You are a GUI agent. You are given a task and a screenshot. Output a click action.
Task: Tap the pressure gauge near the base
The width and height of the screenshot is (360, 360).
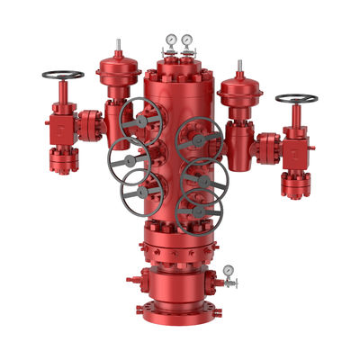230,269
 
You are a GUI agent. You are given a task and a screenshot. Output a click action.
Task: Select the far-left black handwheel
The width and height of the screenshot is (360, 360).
62,75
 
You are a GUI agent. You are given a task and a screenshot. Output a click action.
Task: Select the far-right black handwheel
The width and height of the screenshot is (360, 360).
296,98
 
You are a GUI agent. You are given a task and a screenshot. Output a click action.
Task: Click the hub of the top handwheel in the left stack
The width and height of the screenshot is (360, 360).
141,122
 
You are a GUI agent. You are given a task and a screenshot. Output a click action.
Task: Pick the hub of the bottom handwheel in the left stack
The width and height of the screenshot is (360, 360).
141,193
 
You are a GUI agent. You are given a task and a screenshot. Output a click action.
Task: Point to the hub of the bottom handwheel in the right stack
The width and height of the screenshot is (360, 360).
198,212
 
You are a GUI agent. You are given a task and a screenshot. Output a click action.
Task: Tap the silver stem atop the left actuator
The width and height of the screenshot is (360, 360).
117,45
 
